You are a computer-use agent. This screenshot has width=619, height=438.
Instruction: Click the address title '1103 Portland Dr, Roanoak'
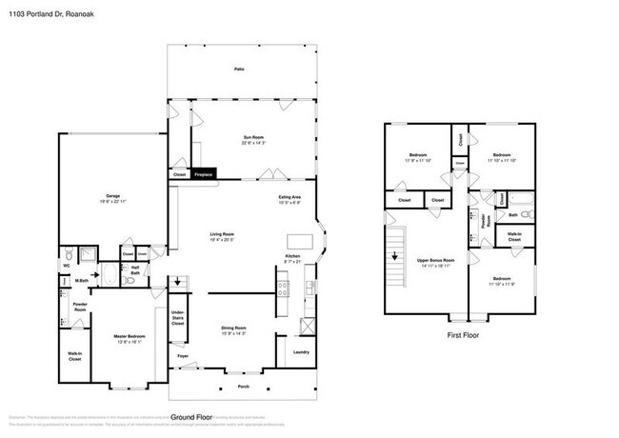pos(47,10)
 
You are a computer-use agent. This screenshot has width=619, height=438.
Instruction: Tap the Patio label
pos(238,70)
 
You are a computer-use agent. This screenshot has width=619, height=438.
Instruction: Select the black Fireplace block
pos(203,174)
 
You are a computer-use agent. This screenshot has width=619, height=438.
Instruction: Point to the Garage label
pos(112,197)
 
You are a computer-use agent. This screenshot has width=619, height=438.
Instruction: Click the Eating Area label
pos(290,196)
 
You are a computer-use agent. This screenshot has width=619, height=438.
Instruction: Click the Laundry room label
pos(301,351)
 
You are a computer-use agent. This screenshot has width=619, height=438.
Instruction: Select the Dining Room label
pos(233,328)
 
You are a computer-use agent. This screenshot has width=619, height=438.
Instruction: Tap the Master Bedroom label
pos(118,313)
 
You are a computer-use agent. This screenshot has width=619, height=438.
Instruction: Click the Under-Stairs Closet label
pos(178,319)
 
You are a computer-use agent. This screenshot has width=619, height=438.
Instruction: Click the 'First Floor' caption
pos(461,335)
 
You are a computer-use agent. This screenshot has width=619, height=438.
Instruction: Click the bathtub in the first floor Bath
pos(520,200)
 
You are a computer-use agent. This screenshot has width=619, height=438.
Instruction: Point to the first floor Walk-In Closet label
pos(514,236)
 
